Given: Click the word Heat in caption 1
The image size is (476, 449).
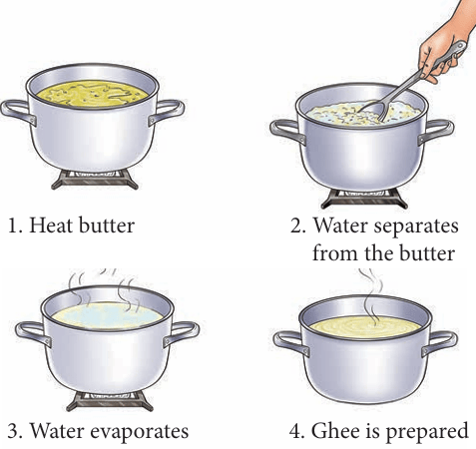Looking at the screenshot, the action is click(x=52, y=225).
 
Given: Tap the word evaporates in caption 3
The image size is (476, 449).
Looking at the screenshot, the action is click(x=140, y=431).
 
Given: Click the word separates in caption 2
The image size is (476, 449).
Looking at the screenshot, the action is click(x=416, y=226).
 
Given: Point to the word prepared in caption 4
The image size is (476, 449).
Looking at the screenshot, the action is click(x=427, y=432).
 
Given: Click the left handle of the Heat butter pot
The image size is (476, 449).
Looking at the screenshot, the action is click(x=17, y=112).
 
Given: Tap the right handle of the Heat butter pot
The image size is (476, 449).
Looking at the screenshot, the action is click(x=167, y=112).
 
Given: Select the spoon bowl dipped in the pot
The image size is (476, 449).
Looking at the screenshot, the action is click(x=374, y=112).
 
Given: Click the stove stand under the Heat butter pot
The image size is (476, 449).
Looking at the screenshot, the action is click(x=95, y=180).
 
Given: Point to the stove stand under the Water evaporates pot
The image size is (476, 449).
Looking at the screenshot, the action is click(x=110, y=401).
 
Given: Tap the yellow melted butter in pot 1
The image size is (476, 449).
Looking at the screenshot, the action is click(x=92, y=95).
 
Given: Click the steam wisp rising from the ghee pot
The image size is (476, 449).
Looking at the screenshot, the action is click(x=372, y=297).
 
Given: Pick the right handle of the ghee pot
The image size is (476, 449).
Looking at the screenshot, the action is click(x=440, y=344).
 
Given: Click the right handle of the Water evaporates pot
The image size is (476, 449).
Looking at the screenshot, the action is click(x=182, y=333).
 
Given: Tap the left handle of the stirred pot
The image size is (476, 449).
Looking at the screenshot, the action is click(x=287, y=132).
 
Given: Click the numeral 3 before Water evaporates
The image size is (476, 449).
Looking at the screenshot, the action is click(x=13, y=431).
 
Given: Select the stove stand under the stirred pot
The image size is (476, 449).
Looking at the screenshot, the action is click(x=364, y=199).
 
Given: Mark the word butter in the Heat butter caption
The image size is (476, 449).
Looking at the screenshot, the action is click(x=107, y=225).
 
